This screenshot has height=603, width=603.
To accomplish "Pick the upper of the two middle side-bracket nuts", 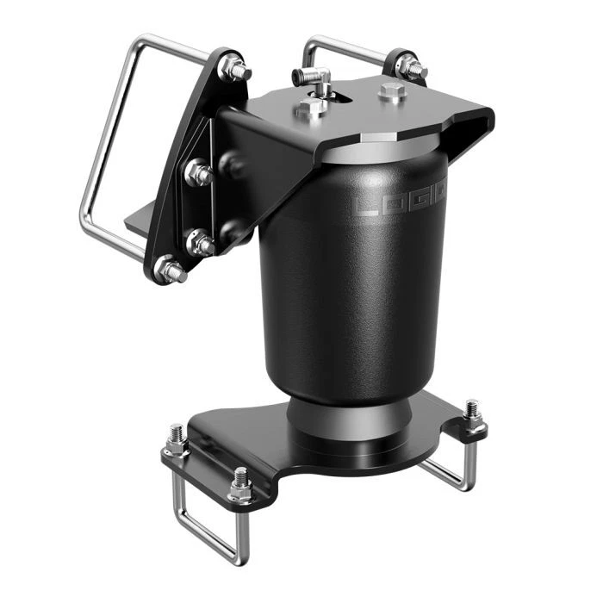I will (x=199, y=173).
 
